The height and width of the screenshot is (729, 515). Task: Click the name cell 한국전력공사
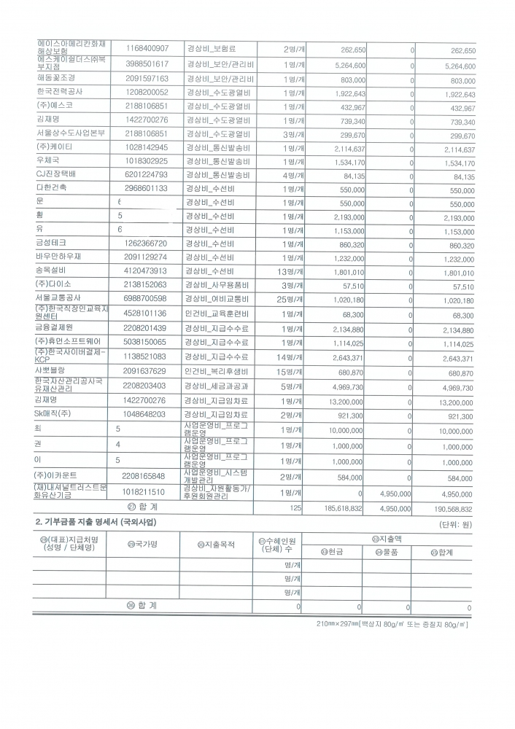point(60,93)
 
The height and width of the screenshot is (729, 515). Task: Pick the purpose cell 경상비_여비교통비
point(218,299)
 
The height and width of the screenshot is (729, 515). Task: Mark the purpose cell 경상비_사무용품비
point(218,285)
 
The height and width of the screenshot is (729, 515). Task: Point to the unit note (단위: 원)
point(456,524)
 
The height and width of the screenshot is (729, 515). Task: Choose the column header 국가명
point(143,543)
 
